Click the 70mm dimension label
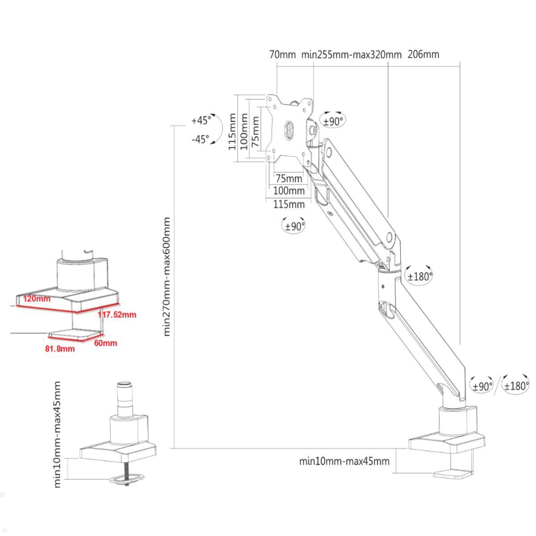click(x=282, y=54)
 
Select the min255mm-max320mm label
click(x=352, y=55)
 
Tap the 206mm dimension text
click(x=423, y=54)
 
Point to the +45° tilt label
click(x=201, y=120)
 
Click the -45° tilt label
click(x=200, y=139)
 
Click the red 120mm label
click(x=37, y=298)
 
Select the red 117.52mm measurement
click(x=117, y=314)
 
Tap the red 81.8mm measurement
click(x=60, y=348)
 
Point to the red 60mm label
click(x=105, y=343)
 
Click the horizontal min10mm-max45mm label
click(x=344, y=461)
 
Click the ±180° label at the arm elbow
click(x=420, y=276)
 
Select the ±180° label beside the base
click(x=516, y=385)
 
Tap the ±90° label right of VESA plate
click(x=333, y=121)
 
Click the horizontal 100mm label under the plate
click(x=289, y=191)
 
